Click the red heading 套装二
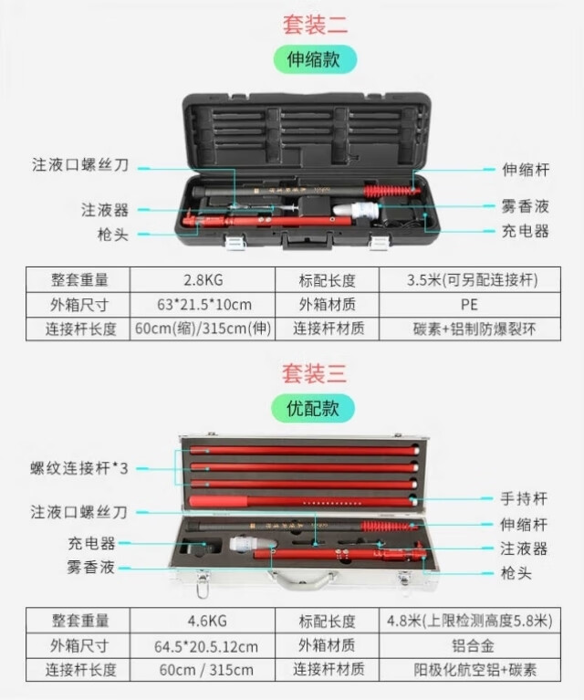click(x=315, y=24)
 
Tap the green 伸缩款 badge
click(x=315, y=59)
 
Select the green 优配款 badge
click(x=313, y=408)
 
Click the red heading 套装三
click(x=314, y=373)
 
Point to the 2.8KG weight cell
click(x=203, y=280)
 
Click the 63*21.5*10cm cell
click(x=204, y=305)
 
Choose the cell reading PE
click(x=469, y=305)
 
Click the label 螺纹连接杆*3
click(x=79, y=468)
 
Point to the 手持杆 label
click(x=523, y=498)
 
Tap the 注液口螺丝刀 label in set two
click(x=80, y=164)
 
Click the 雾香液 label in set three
click(x=90, y=568)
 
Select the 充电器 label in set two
click(x=525, y=231)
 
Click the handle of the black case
click(x=308, y=241)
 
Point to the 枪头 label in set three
click(x=516, y=573)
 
